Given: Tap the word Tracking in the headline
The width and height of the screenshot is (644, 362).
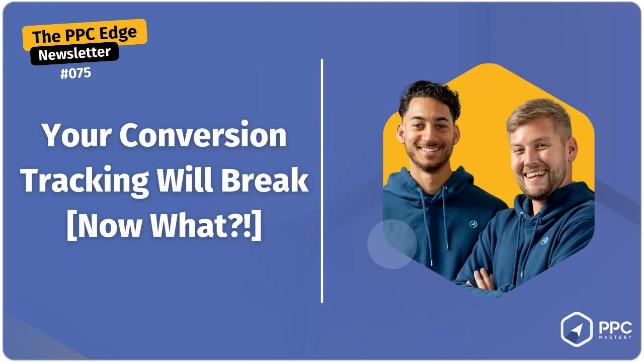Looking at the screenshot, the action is (85, 182).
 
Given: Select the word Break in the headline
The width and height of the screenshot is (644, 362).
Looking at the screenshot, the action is (265, 180).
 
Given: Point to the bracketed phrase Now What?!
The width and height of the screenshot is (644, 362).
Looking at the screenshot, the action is (164, 225).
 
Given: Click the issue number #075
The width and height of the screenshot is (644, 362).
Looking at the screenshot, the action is (75, 73).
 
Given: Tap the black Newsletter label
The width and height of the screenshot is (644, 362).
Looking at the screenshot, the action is (74, 53).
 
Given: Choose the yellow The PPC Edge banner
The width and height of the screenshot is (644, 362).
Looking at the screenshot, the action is (85, 34).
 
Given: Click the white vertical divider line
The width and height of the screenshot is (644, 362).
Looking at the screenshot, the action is (322, 181).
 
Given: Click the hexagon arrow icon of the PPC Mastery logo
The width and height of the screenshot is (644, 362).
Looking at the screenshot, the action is (577, 329).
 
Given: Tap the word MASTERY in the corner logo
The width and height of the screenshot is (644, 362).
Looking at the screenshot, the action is (615, 337).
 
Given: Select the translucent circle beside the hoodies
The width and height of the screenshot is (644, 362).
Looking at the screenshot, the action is (392, 244).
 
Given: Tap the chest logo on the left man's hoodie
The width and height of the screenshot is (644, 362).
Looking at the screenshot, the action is (473, 224).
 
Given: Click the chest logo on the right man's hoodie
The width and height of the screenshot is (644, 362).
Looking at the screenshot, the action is (545, 241).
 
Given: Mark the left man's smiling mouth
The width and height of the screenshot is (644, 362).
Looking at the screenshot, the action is (430, 149).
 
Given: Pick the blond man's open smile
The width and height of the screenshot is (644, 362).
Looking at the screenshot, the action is (535, 174).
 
